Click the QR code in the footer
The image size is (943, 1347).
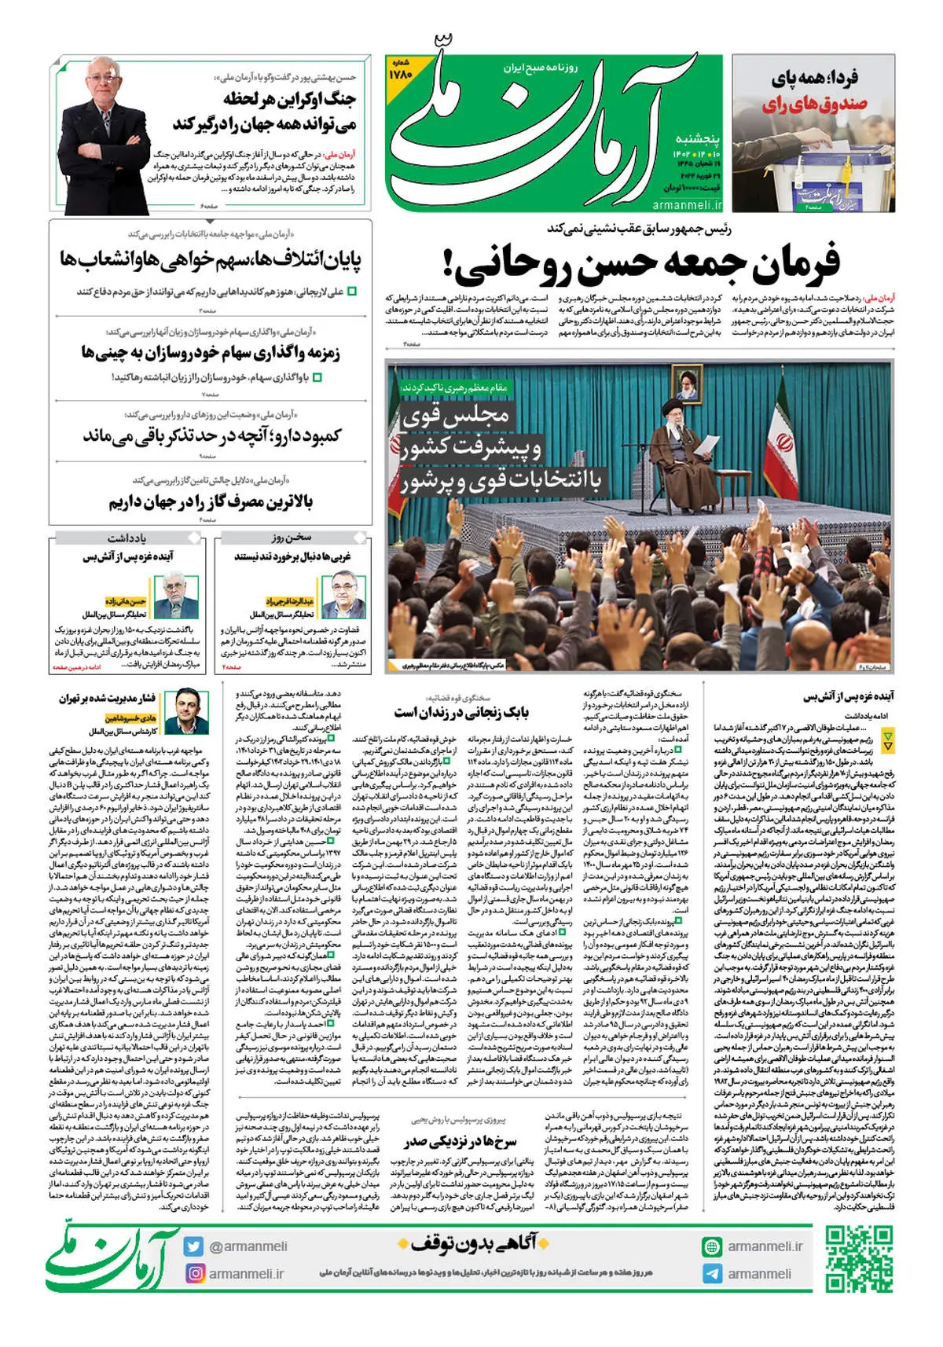[859, 1259]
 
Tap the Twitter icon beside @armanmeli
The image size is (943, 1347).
[193, 1246]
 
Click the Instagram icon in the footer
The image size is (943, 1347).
[193, 1273]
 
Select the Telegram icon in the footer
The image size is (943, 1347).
[712, 1274]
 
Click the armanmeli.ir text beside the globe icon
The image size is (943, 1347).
[765, 1246]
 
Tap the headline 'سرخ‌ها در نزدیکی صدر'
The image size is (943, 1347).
[460, 1141]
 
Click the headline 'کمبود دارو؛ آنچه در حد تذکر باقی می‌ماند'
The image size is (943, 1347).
[212, 435]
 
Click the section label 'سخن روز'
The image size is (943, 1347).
[292, 538]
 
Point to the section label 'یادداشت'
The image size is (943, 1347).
[127, 538]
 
